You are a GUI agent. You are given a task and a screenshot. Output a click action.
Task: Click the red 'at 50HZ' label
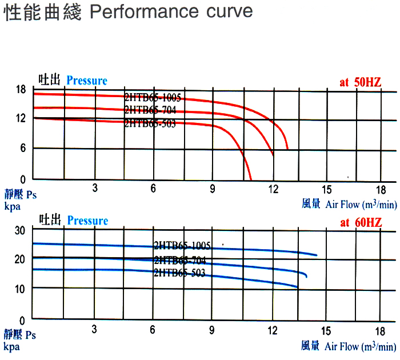click(x=360, y=82)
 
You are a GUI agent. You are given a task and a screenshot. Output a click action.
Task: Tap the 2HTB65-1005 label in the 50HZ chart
click(x=153, y=98)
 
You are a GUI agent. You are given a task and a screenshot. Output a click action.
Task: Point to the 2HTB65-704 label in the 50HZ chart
click(x=150, y=110)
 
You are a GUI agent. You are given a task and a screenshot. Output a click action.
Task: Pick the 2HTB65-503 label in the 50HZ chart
click(x=150, y=123)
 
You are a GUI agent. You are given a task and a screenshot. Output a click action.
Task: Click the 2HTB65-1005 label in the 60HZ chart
click(x=182, y=246)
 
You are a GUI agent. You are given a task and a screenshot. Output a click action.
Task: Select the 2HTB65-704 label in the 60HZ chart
click(x=180, y=261)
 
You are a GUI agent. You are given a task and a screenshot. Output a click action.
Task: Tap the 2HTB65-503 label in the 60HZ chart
click(x=179, y=274)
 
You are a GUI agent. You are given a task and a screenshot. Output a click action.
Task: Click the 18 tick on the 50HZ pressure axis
click(x=21, y=90)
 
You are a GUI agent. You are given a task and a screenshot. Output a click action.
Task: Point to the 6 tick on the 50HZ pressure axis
click(x=23, y=149)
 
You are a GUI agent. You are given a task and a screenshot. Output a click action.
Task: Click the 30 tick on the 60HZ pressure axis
click(x=21, y=230)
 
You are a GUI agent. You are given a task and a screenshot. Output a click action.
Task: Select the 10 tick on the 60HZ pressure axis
click(x=21, y=289)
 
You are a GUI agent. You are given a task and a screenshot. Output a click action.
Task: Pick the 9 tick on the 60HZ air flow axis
click(x=211, y=330)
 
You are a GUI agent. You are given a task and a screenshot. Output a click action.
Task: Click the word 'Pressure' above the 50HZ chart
click(x=87, y=81)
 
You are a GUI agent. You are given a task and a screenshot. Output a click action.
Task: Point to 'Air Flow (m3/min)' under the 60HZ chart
click(x=360, y=346)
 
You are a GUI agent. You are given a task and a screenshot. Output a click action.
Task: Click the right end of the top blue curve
click(x=316, y=255)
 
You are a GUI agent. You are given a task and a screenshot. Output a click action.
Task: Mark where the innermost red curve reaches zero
click(x=251, y=179)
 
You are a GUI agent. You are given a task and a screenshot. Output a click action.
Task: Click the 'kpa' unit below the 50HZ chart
click(x=12, y=206)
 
